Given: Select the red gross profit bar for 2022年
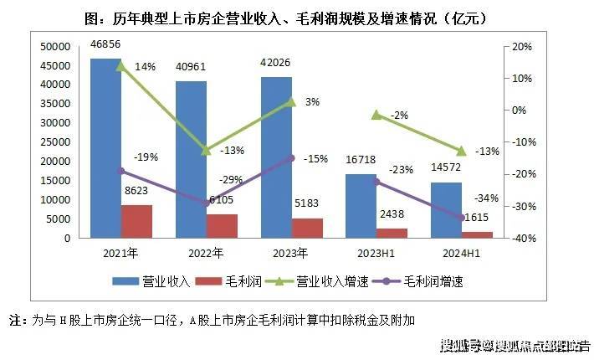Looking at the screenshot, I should click(222, 226).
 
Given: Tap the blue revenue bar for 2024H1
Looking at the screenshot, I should click(446, 210).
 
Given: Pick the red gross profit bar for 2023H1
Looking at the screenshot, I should click(392, 233).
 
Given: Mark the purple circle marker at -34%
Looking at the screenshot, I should click(461, 218).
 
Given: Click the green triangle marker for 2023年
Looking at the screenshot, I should click(291, 101).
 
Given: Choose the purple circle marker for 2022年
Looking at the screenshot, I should click(206, 203).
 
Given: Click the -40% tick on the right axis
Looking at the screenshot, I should click(526, 239).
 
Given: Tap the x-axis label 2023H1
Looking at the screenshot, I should click(376, 253).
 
